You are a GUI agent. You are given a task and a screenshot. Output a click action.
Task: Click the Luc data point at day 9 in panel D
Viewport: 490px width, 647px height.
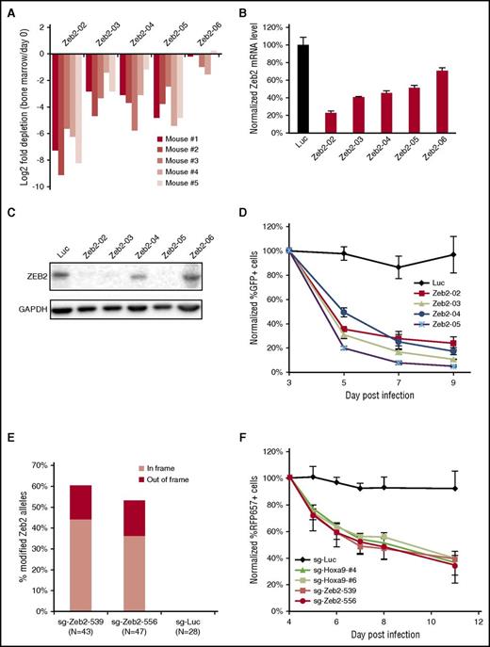click(x=455, y=254)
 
